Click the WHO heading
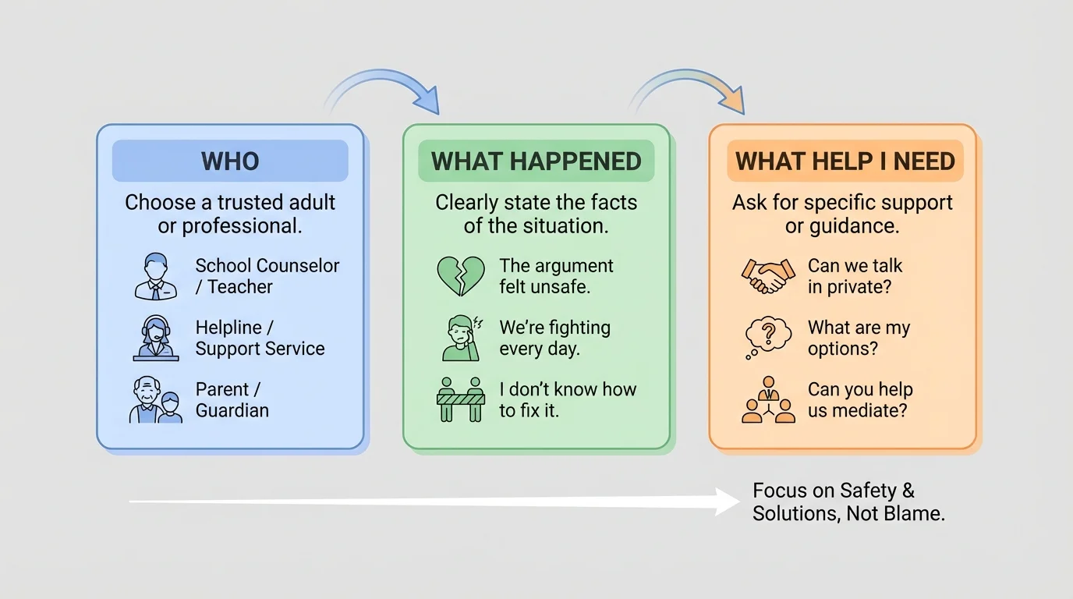(x=230, y=161)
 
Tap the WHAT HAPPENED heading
(x=536, y=161)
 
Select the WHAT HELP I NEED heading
(x=845, y=161)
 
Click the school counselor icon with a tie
(x=156, y=276)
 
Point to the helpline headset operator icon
(x=156, y=338)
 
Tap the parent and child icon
(x=156, y=400)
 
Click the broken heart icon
(x=460, y=276)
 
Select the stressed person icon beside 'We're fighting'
(x=460, y=338)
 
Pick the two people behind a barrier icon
(x=460, y=400)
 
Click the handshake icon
(x=768, y=276)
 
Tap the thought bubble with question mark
(x=768, y=338)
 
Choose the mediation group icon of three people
(x=768, y=400)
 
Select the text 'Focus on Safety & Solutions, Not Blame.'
(x=848, y=502)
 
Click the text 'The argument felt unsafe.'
(x=556, y=276)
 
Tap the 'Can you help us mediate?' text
(x=860, y=400)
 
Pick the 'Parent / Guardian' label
(x=232, y=400)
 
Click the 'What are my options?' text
(x=859, y=338)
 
